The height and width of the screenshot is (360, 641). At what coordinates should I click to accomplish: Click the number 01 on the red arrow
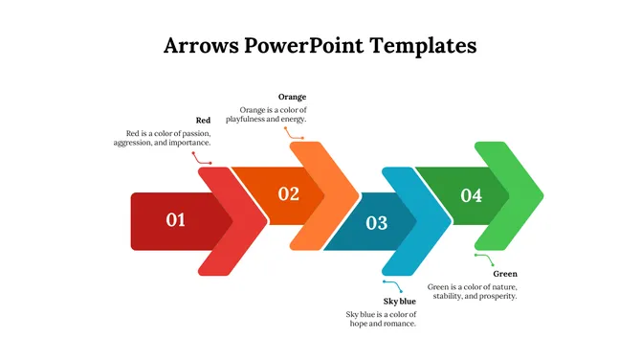point(176,220)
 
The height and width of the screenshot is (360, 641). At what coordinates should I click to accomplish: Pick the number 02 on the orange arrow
point(288,194)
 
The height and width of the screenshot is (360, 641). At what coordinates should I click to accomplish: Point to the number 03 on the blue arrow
point(377,223)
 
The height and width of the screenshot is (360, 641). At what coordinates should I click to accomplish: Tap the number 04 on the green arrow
point(472,195)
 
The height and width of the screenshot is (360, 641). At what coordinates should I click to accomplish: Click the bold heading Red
point(203,120)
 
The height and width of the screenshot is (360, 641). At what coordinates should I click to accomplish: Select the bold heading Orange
point(292,97)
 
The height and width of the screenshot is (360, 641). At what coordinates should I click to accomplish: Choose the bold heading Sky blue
point(399,302)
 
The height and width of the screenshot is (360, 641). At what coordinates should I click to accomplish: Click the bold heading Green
point(505,274)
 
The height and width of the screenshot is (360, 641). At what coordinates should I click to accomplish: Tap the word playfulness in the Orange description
point(249,120)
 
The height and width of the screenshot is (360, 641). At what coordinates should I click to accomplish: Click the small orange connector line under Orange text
point(293,134)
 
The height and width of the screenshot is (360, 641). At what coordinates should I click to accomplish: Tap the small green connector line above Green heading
point(484,259)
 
